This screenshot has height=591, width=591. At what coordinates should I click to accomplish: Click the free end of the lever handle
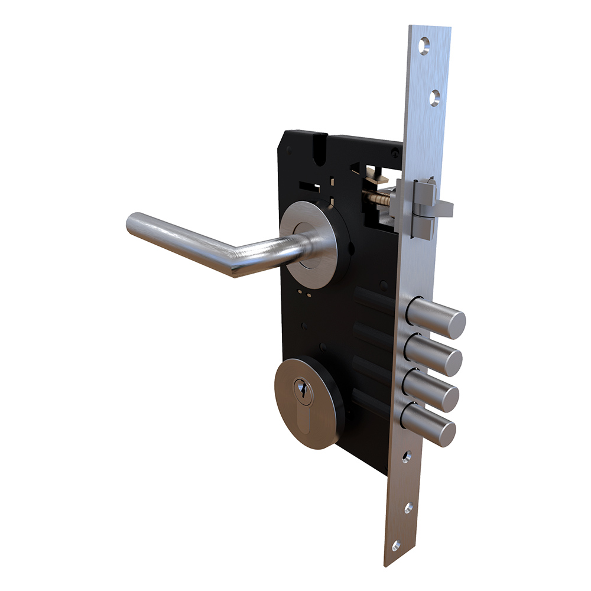click(135, 225)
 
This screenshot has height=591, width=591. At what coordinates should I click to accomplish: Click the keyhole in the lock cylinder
click(302, 389)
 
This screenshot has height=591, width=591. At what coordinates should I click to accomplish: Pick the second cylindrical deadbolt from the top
click(434, 353)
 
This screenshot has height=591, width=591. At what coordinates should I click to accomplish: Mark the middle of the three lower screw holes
click(407, 508)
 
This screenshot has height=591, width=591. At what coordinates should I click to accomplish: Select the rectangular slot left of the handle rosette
click(308, 188)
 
